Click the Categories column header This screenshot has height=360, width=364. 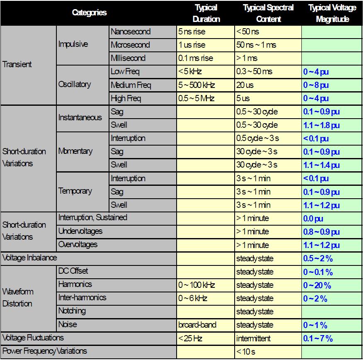90,12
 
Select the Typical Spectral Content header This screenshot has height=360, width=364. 268,13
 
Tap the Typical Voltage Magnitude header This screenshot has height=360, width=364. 332,13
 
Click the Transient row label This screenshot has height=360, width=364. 17,64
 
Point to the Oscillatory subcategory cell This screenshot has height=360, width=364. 75,84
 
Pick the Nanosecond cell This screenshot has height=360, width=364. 131,32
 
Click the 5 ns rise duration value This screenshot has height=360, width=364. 192,32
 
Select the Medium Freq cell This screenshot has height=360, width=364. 131,85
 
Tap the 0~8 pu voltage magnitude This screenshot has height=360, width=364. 316,85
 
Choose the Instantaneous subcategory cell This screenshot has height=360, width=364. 80,117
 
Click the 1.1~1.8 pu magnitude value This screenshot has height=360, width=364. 321,125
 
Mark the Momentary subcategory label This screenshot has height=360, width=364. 75,151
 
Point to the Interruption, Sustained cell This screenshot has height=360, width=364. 93,217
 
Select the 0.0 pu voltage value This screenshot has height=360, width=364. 313,219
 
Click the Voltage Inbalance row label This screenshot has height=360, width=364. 29,258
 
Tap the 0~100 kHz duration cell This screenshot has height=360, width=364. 197,285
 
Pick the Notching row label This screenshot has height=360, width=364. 72,311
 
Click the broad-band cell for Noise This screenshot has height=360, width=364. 197,325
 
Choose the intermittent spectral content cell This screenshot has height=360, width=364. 253,338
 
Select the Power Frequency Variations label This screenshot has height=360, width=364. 45,351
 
